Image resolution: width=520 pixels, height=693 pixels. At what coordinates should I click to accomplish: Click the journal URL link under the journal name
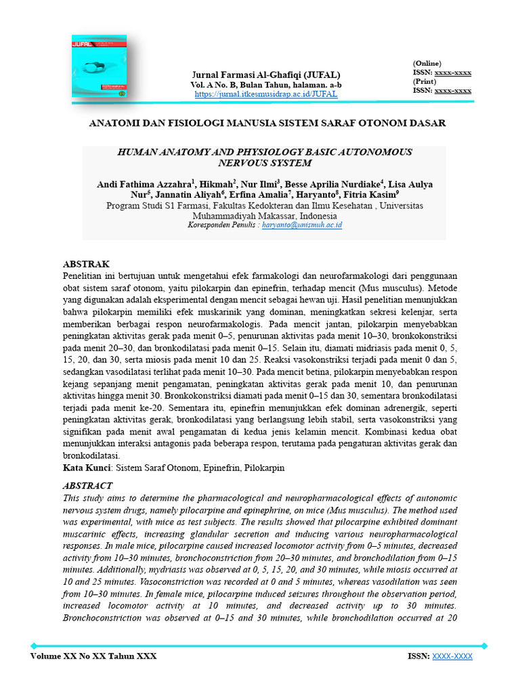pos(265,94)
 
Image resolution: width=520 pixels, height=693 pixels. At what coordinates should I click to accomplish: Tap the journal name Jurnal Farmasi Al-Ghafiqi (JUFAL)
pos(265,74)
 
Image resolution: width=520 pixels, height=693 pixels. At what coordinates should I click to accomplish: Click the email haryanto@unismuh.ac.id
pos(302,224)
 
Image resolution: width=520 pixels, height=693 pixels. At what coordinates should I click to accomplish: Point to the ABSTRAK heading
pos(86,264)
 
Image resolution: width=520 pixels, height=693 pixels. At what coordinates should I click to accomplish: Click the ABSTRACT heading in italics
pos(87,486)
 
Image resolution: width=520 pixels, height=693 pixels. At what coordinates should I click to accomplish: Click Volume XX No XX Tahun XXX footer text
pos(93,656)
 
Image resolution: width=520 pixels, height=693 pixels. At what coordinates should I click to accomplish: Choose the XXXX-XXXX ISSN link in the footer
pos(452,656)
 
